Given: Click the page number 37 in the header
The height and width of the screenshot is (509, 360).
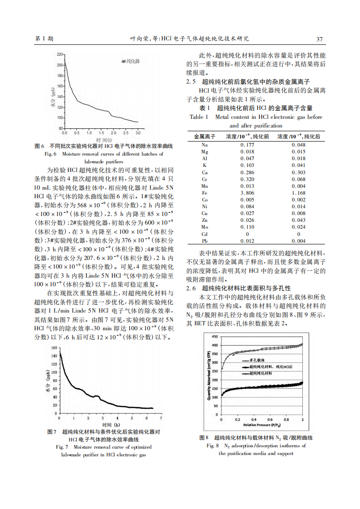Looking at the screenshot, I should pyautogui.click(x=319, y=39).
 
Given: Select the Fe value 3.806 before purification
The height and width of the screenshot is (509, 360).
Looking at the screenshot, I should pyautogui.click(x=247, y=193).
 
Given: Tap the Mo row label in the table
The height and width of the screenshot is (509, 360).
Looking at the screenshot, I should pyautogui.click(x=205, y=226).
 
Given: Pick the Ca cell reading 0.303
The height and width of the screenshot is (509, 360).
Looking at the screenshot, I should pyautogui.click(x=298, y=173).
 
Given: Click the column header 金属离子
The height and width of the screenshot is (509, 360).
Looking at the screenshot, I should pyautogui.click(x=204, y=136).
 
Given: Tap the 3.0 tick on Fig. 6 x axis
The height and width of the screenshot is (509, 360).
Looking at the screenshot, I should pyautogui.click(x=138, y=133).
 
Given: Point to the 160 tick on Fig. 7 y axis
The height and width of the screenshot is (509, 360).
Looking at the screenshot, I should pyautogui.click(x=54, y=348).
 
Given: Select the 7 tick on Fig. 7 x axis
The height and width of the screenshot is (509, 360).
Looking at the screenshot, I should pyautogui.click(x=161, y=418).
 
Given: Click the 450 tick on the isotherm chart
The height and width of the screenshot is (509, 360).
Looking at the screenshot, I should pyautogui.click(x=215, y=337).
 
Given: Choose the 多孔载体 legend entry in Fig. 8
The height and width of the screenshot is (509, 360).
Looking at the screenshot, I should pyautogui.click(x=257, y=359).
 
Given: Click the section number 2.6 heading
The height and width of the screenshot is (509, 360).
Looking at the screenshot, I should pyautogui.click(x=191, y=288).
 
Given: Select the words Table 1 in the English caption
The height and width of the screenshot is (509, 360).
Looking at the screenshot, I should pyautogui.click(x=199, y=117).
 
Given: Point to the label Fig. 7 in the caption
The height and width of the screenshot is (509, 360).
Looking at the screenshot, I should pyautogui.click(x=62, y=447).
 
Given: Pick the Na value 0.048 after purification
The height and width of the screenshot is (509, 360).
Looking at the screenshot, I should pyautogui.click(x=298, y=145).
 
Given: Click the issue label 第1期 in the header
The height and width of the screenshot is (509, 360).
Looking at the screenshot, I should pyautogui.click(x=44, y=39).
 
